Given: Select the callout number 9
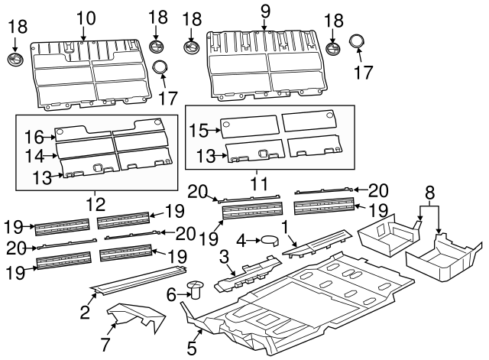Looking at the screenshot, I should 265,11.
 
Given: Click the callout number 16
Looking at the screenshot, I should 33,137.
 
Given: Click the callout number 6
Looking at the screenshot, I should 171,294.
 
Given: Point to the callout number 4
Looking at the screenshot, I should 241,240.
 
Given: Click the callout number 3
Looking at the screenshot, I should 223,255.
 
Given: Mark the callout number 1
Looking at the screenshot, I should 284,227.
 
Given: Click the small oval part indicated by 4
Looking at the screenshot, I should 269,240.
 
